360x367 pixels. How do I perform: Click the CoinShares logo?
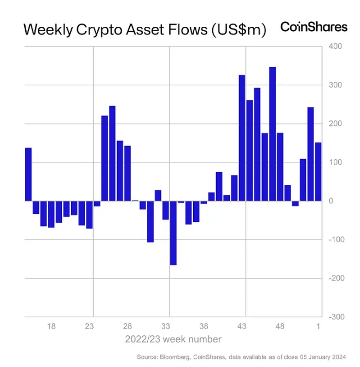(313, 27)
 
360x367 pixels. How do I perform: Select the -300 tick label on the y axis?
(335, 317)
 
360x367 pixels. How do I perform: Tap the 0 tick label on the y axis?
(331, 201)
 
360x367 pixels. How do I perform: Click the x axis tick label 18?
(51, 327)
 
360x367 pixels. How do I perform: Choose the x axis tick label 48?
(280, 327)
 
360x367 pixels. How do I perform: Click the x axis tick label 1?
(319, 327)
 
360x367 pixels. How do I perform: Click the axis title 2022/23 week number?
(173, 339)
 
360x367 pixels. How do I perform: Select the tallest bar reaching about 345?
(272, 134)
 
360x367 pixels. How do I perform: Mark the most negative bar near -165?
(173, 232)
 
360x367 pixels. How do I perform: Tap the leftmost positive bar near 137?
(28, 174)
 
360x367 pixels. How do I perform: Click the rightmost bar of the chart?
(318, 172)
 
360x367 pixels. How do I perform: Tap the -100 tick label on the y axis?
(335, 240)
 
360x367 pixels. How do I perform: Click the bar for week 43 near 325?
(242, 138)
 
